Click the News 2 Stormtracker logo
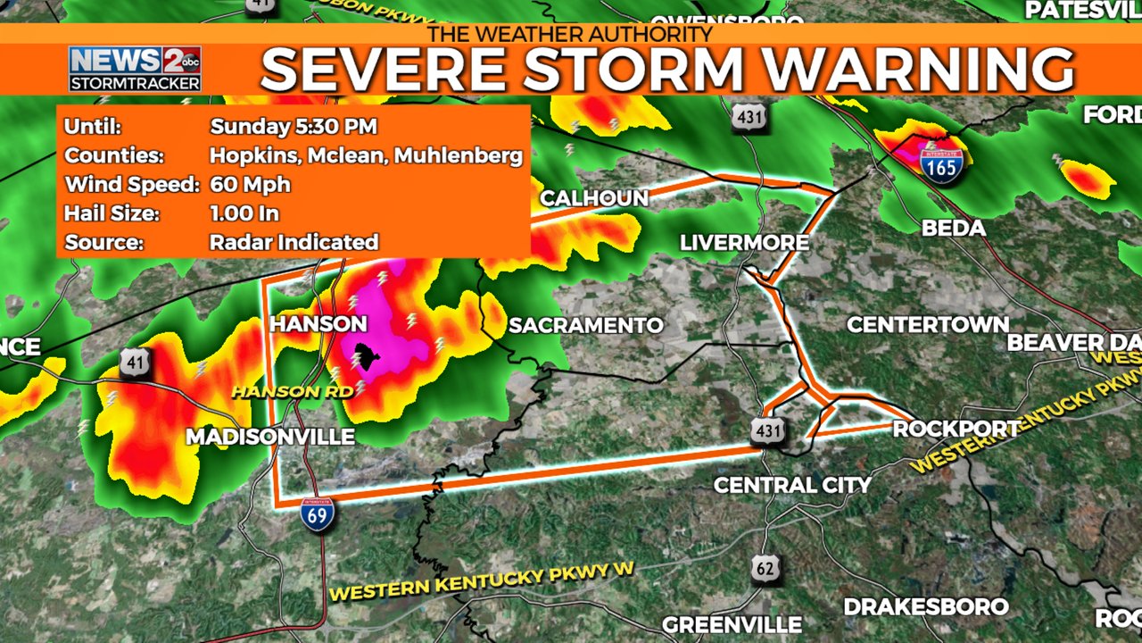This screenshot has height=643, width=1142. click(135, 69)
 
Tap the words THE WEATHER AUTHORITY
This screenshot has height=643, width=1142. click(570, 34)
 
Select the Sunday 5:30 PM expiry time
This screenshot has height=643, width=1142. click(294, 126)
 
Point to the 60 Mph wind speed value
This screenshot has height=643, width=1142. click(251, 185)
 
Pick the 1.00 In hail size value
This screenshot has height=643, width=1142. click(244, 213)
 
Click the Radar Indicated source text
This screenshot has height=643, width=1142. click(294, 242)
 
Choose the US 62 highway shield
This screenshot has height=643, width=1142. click(766, 568)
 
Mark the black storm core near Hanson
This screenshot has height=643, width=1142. click(365, 357)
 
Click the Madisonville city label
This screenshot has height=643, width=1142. click(269, 437)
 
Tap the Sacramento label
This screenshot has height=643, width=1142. click(586, 325)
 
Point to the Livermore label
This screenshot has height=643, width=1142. click(744, 243)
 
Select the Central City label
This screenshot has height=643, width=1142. click(792, 485)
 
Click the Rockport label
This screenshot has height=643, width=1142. click(956, 429)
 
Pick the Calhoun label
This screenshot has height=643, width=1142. click(594, 198)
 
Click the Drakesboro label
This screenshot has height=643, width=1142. click(925, 606)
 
